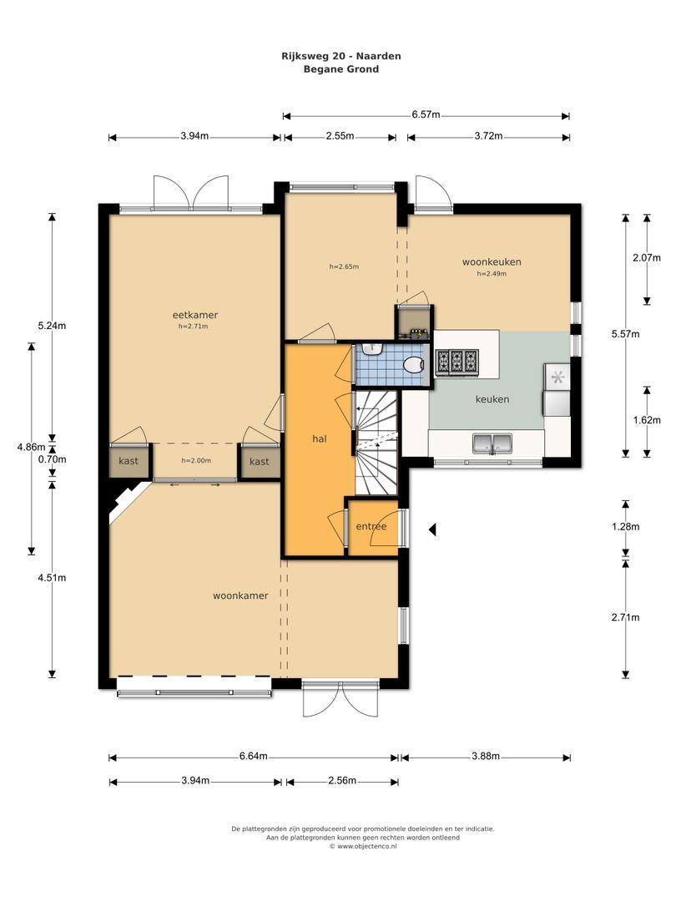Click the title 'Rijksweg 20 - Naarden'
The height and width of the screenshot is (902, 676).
click(x=341, y=56)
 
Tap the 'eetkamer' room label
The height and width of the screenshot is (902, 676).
click(x=189, y=315)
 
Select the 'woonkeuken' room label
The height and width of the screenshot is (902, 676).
click(x=492, y=261)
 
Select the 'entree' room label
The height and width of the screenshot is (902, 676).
click(x=371, y=526)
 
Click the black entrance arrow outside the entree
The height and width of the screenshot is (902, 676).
click(x=432, y=528)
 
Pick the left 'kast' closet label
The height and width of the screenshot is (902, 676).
click(x=129, y=461)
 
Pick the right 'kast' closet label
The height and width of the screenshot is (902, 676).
click(x=260, y=461)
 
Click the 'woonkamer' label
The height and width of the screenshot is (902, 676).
click(x=240, y=595)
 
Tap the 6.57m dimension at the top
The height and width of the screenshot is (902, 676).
click(x=426, y=115)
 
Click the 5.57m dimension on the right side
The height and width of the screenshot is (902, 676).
click(x=626, y=334)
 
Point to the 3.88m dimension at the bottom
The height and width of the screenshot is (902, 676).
click(x=485, y=757)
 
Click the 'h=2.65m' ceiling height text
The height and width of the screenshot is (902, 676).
click(x=343, y=266)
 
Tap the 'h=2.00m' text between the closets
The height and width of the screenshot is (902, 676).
click(x=196, y=460)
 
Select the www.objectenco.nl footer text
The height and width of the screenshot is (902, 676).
click(x=363, y=845)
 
